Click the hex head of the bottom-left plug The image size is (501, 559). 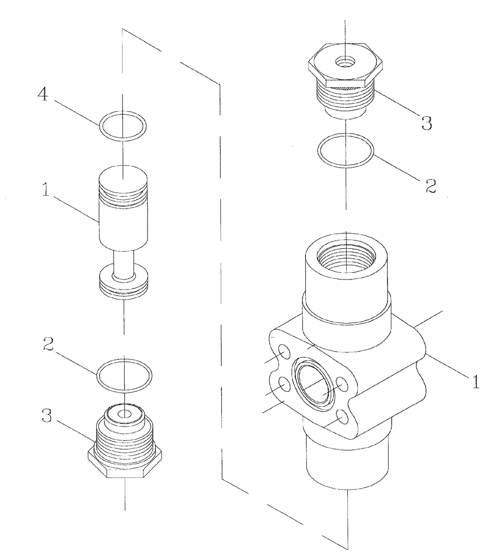[125, 466]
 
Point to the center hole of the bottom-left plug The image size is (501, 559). [124, 413]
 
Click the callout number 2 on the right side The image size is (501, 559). [429, 186]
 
